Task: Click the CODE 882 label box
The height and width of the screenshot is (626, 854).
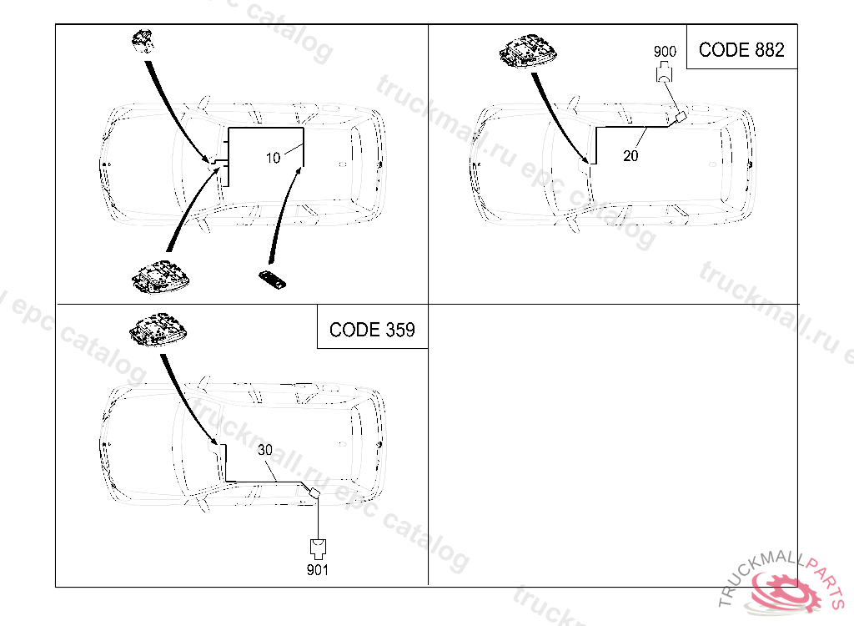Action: click(741, 50)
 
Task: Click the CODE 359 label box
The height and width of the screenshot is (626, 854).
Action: click(372, 329)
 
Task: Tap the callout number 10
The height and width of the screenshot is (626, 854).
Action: click(274, 159)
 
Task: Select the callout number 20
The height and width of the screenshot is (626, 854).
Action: click(630, 155)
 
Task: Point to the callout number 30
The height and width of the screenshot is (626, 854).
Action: click(264, 449)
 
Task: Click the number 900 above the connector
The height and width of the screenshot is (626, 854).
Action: click(665, 52)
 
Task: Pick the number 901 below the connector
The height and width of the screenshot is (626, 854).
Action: click(317, 571)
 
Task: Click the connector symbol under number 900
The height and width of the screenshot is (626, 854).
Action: click(665, 73)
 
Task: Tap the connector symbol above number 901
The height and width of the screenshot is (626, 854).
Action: click(317, 547)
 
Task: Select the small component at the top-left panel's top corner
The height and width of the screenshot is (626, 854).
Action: click(144, 41)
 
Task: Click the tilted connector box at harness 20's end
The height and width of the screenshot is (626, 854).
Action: click(681, 118)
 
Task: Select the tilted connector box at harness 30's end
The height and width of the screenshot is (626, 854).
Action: click(314, 494)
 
